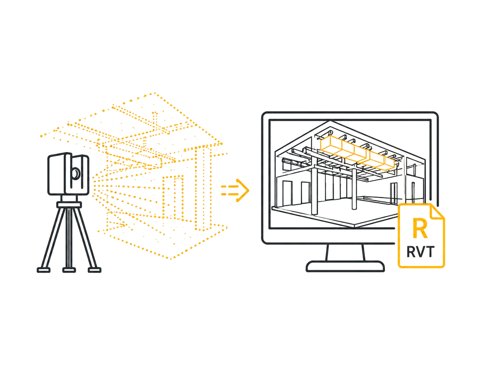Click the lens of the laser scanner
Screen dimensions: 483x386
click(76, 173)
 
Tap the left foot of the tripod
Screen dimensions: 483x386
click(43, 270)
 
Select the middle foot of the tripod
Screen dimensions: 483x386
click(69, 270)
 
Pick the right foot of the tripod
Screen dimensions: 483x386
click(94, 270)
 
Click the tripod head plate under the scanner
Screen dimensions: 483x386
click(69, 205)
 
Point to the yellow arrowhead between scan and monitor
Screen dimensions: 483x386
click(243, 190)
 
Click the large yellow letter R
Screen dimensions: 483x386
click(420, 228)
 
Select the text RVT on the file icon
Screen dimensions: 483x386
click(420, 252)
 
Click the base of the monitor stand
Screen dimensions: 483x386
click(345, 267)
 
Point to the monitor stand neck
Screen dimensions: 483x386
click(345, 253)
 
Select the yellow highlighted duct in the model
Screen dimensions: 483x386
click(357, 153)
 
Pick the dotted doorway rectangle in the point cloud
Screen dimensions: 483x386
click(173, 197)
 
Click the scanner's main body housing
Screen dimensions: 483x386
click(68, 174)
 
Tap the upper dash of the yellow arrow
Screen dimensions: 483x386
click(229, 186)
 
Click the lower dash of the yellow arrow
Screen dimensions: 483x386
click(229, 194)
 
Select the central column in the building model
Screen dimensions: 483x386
click(354, 189)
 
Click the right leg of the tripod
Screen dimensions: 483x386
click(85, 238)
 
